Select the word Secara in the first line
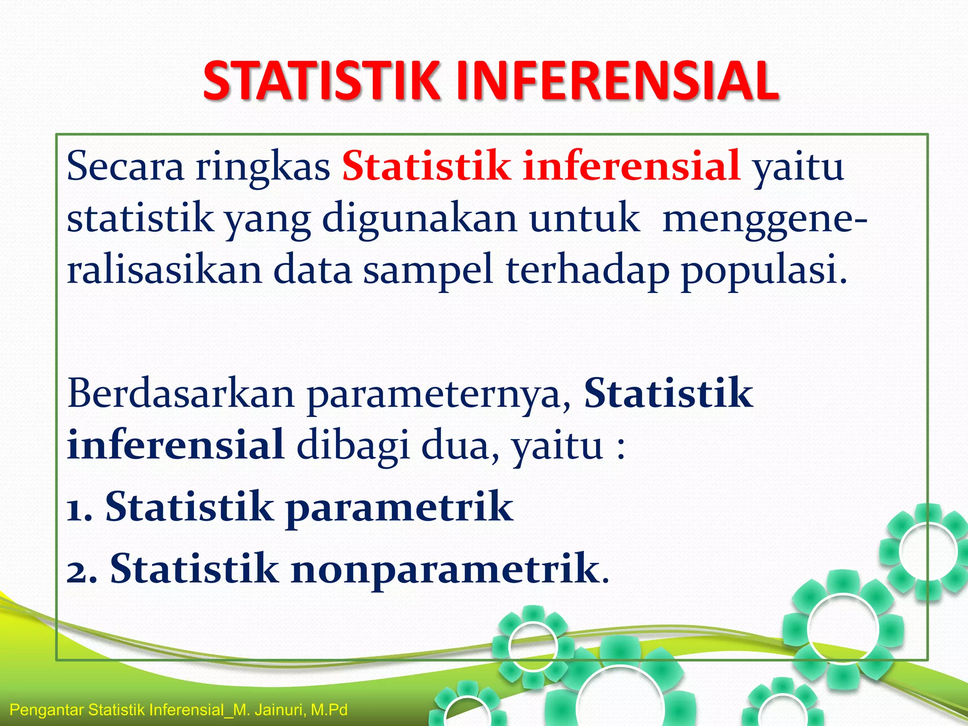125,166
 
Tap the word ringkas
263,166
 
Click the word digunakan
420,218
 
